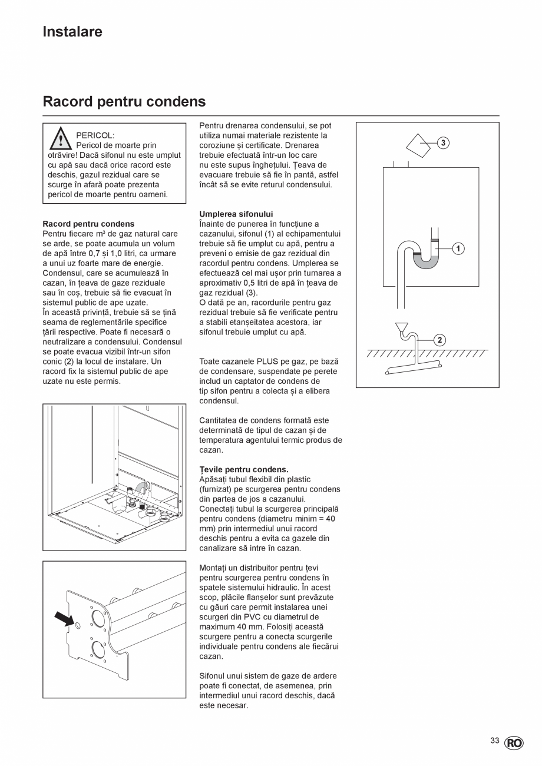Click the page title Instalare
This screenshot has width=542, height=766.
[72, 32]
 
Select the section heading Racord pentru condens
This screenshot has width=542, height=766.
[124, 102]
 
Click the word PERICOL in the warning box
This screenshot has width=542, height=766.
[95, 135]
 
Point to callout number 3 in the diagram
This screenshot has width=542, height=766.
[443, 142]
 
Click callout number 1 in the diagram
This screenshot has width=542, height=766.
[458, 248]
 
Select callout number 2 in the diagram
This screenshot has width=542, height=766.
[439, 340]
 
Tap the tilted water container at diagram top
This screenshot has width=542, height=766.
[419, 145]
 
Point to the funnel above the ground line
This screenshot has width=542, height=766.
[402, 327]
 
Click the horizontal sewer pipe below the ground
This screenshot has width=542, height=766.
[413, 368]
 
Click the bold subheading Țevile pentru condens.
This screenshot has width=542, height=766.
[244, 469]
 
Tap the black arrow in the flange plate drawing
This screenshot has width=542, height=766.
[64, 619]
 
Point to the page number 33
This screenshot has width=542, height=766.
[495, 741]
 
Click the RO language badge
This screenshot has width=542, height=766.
[513, 743]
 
